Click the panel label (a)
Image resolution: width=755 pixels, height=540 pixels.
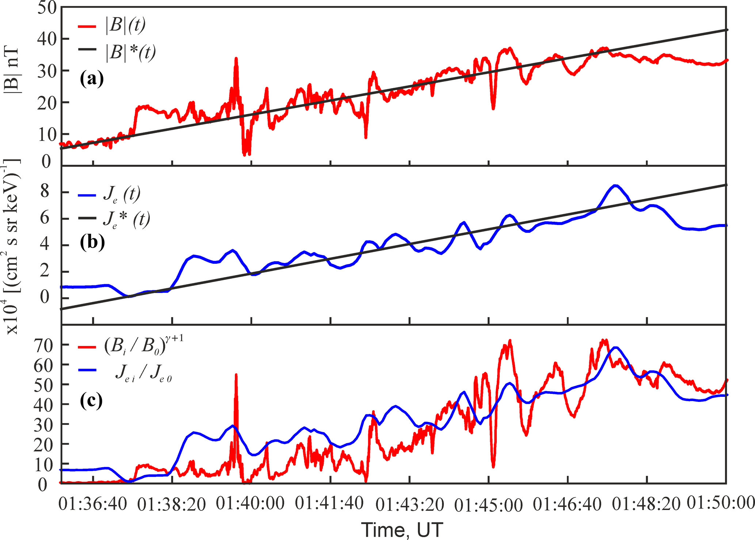(x=92, y=79)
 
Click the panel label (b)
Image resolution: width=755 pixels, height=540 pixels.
(x=92, y=242)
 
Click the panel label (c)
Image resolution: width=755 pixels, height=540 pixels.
(x=91, y=400)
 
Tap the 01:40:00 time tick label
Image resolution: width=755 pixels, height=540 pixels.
(x=250, y=504)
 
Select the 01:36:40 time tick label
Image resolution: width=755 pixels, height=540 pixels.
(x=93, y=505)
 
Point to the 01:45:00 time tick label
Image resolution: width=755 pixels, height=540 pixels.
(x=488, y=506)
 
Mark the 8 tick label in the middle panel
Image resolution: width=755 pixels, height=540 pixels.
(x=45, y=191)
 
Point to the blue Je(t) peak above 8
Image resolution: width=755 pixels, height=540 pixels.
(x=615, y=186)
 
